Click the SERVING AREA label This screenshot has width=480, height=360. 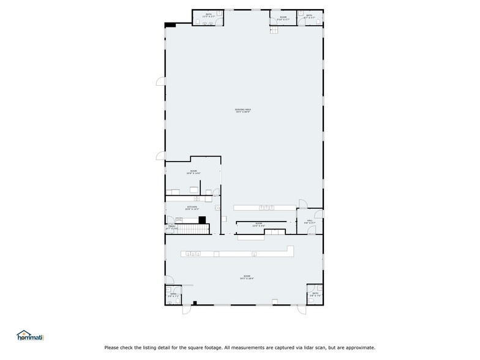pos(243,110)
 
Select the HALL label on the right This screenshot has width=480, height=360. pos(310,221)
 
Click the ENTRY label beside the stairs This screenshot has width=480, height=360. pos(171,227)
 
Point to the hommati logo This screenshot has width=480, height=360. pos(31,336)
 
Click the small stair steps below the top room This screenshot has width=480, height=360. pos(275,29)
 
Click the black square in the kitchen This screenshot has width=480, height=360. pos(201,220)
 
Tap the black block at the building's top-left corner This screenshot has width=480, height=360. pos(170,24)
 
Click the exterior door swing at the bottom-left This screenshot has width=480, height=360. pos(185,310)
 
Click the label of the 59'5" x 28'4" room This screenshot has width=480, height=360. pos(246,278)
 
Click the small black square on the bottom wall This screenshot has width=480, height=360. pos(195,302)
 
